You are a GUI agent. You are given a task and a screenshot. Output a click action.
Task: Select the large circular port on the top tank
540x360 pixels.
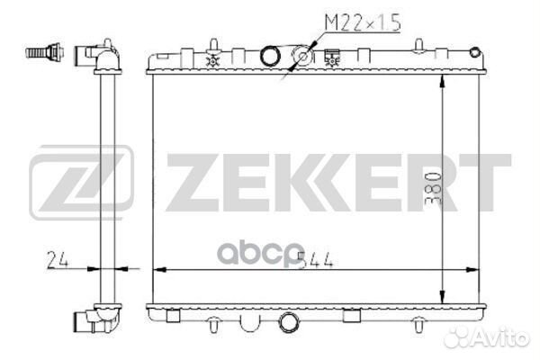click(x=270, y=58)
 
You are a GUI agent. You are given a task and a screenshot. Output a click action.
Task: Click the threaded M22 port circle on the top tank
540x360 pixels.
click(x=304, y=58)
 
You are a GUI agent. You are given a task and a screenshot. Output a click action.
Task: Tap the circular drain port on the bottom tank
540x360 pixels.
click(x=290, y=320)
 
